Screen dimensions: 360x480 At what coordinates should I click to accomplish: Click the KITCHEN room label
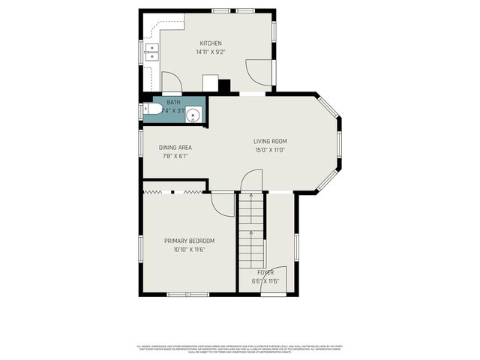210,43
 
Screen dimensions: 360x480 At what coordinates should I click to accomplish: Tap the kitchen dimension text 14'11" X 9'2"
210,52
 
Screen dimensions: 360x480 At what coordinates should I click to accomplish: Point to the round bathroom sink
193,115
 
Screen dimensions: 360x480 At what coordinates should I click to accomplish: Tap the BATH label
173,102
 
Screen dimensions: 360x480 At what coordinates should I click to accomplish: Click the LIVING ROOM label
269,141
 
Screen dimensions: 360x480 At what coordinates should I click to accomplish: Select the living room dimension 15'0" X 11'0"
269,150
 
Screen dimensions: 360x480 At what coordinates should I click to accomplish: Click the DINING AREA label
175,147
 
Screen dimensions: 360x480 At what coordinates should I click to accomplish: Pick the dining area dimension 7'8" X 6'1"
175,156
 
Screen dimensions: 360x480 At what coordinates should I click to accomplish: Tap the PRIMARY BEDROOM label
189,241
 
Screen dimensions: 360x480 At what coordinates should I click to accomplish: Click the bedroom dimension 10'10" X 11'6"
189,250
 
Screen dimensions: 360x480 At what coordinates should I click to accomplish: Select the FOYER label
265,271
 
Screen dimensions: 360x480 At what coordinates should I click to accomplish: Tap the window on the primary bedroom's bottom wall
187,293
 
